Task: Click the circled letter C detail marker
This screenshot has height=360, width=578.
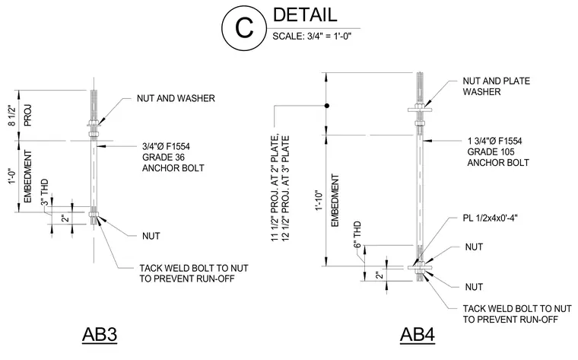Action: point(244,28)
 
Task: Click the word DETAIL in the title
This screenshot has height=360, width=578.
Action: point(305,14)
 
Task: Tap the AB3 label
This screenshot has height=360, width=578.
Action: point(100,335)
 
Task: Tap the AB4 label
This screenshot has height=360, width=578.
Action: point(418,335)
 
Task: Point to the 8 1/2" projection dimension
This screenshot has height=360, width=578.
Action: point(13,116)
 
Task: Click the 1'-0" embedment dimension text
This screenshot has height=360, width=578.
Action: point(13,177)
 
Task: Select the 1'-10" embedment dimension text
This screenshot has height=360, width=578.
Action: point(319,201)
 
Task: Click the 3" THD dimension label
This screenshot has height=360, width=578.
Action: point(44,192)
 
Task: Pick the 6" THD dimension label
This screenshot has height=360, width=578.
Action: point(357,234)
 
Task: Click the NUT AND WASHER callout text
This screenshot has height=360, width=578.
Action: point(176,98)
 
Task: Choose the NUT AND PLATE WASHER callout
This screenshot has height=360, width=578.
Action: point(496,86)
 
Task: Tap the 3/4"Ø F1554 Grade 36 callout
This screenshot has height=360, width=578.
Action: point(173,157)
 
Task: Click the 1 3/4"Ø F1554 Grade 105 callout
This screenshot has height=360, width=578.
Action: point(498,151)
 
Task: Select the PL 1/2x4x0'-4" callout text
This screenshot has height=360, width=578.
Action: point(491,218)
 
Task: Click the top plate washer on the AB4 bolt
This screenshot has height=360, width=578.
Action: point(420,110)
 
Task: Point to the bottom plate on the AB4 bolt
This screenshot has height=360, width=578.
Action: point(420,267)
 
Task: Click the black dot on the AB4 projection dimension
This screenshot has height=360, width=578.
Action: point(326,106)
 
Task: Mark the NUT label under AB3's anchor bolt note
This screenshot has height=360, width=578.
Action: point(151,236)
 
